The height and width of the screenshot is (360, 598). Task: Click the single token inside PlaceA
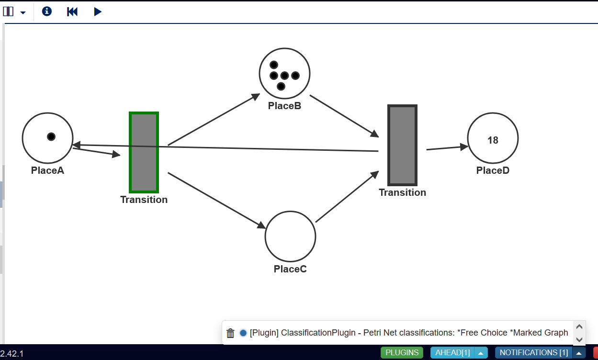[51, 136]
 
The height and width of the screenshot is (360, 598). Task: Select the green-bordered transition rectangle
[144, 152]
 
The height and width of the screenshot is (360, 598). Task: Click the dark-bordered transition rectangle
[402, 145]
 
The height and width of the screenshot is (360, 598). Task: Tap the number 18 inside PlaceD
[493, 140]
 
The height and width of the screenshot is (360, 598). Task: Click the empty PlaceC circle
[291, 236]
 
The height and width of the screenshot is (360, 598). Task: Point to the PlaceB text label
[284, 106]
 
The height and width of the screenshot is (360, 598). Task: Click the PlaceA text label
[47, 170]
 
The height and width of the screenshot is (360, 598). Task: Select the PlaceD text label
[493, 170]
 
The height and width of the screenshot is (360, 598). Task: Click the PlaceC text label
[290, 269]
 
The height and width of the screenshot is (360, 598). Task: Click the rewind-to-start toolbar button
[72, 12]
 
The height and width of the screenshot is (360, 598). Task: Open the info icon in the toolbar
[47, 11]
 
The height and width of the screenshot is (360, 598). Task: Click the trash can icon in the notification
[230, 333]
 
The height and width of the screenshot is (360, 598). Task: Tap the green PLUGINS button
[402, 352]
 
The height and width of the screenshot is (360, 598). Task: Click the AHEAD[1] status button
[452, 352]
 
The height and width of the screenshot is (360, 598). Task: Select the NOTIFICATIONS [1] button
[534, 352]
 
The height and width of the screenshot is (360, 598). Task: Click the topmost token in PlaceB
[274, 65]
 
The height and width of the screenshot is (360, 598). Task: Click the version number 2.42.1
[12, 354]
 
